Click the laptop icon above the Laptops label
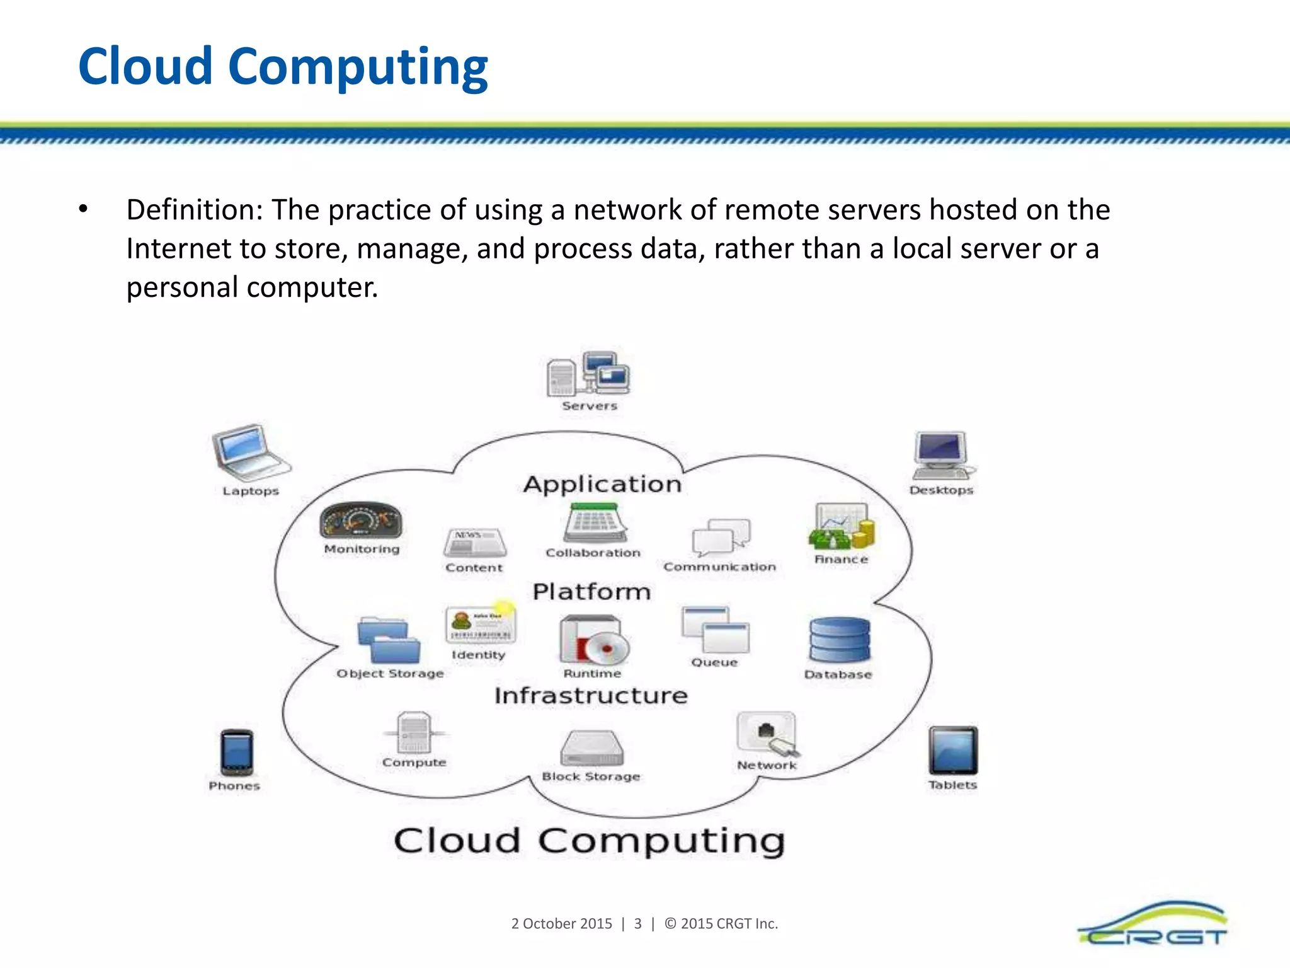pyautogui.click(x=250, y=451)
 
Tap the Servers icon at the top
pyautogui.click(x=588, y=374)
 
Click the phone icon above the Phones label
pyautogui.click(x=237, y=752)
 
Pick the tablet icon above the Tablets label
pyautogui.click(x=953, y=751)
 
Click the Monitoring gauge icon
pyautogui.click(x=361, y=521)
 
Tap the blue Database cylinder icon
pyautogui.click(x=840, y=640)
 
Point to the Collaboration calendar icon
pyautogui.click(x=595, y=522)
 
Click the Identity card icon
pyautogui.click(x=480, y=625)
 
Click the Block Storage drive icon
pyautogui.click(x=591, y=748)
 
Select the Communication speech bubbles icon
pyautogui.click(x=721, y=538)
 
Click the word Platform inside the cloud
pyautogui.click(x=591, y=592)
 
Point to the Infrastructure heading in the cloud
pyautogui.click(x=591, y=696)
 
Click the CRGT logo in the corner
pyautogui.click(x=1153, y=925)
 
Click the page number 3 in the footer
pyautogui.click(x=637, y=924)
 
